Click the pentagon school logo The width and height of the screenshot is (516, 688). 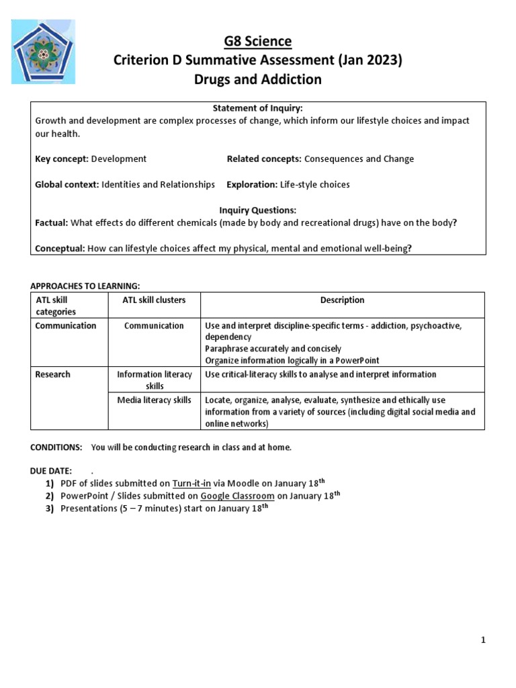(44, 51)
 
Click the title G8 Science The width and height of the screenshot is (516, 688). (258, 42)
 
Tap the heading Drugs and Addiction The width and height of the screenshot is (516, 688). (258, 79)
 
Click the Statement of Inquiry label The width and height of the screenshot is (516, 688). (259, 109)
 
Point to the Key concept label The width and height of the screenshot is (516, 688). (61, 159)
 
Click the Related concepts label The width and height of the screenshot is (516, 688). (264, 159)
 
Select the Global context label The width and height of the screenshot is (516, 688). (67, 184)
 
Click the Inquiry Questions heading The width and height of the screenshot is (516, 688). (258, 210)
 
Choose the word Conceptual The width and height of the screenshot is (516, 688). (60, 248)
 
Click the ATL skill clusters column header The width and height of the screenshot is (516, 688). (154, 300)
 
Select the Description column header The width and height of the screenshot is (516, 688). (342, 300)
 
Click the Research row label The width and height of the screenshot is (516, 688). (52, 374)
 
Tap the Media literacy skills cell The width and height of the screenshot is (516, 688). (154, 400)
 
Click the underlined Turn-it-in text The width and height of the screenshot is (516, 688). (191, 483)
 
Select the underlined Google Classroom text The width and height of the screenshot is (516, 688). (237, 496)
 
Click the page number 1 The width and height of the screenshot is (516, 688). (483, 640)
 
